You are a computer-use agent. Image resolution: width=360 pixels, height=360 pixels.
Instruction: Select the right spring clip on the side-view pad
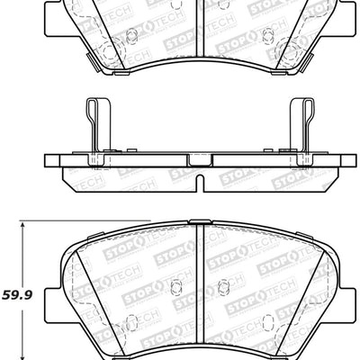click(302, 126)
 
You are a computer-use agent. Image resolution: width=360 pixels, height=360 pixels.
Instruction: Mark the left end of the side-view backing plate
click(47, 159)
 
